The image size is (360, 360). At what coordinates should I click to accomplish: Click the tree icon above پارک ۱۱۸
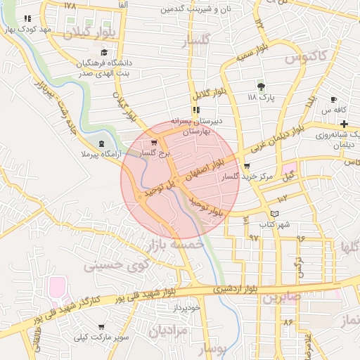[x=262, y=86]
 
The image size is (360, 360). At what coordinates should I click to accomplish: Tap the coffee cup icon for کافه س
[x=333, y=100]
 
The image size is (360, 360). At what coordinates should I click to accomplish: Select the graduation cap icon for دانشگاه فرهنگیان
[x=105, y=53]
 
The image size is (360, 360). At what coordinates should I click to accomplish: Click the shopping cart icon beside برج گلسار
[x=154, y=143]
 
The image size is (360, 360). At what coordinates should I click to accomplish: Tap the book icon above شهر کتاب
[x=275, y=214]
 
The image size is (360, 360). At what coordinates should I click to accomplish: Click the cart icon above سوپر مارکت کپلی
[x=103, y=327]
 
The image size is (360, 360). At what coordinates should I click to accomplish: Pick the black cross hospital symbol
[x=343, y=123]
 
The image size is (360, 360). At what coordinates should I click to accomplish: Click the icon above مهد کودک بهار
[x=27, y=20]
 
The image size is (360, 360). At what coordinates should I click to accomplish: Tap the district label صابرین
[x=281, y=297]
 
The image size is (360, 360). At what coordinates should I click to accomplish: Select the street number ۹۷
[x=254, y=238]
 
